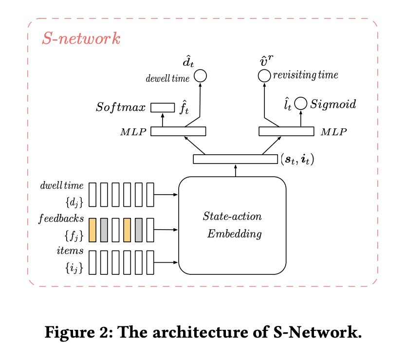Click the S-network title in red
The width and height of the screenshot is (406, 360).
pos(81,39)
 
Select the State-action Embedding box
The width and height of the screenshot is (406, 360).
pos(233,226)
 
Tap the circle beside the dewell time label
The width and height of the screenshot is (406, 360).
pos(200,76)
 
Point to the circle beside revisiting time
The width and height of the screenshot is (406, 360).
pos(264,75)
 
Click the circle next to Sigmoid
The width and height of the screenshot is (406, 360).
pos(301,103)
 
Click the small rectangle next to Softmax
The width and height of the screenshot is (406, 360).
pos(162,107)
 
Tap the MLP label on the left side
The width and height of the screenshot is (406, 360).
pos(134,132)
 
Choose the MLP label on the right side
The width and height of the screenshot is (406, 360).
pos(333,132)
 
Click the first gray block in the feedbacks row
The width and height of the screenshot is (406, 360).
pos(105,228)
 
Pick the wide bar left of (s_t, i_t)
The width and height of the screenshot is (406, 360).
pos(235,159)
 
